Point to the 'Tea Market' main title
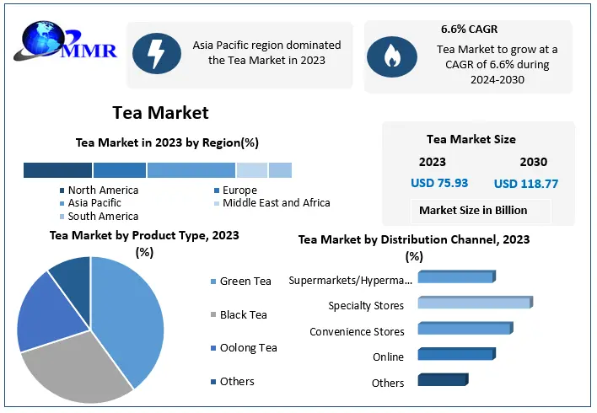click(x=160, y=112)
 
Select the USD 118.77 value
click(x=526, y=183)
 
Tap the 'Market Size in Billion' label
click(x=473, y=210)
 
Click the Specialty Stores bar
click(x=474, y=303)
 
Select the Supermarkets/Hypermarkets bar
click(x=455, y=276)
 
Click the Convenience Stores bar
click(x=464, y=329)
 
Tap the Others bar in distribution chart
click(x=442, y=380)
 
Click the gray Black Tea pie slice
click(x=76, y=367)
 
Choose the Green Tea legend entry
click(x=245, y=282)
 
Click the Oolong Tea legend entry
click(x=247, y=348)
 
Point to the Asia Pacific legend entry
click(x=94, y=203)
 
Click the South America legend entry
click(x=103, y=217)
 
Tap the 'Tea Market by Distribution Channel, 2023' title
click(x=414, y=239)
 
